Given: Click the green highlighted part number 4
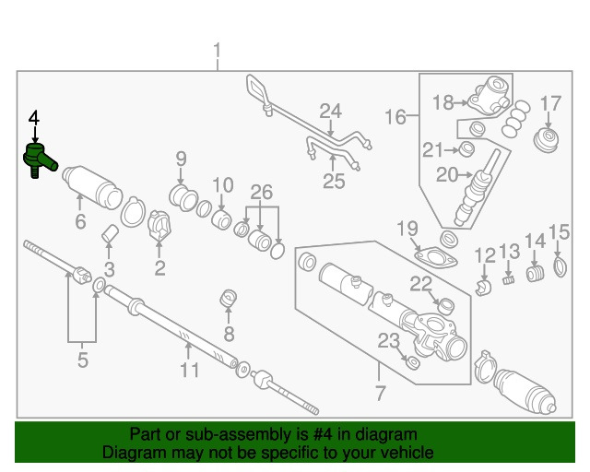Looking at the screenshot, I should pyautogui.click(x=37, y=158).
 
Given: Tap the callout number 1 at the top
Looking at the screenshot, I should pyautogui.click(x=218, y=50).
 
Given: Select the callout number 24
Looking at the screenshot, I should pyautogui.click(x=330, y=112).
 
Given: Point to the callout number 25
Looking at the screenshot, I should pyautogui.click(x=333, y=181).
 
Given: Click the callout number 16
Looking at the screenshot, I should pyautogui.click(x=395, y=117).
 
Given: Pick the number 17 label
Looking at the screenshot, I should pyautogui.click(x=550, y=103).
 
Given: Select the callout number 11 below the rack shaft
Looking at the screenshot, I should pyautogui.click(x=189, y=371).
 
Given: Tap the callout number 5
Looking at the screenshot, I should pyautogui.click(x=82, y=360).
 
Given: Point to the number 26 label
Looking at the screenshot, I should pyautogui.click(x=262, y=193).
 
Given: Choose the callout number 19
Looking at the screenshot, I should pyautogui.click(x=407, y=228).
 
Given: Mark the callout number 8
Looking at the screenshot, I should pyautogui.click(x=230, y=333).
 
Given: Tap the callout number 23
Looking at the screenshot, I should pyautogui.click(x=389, y=341).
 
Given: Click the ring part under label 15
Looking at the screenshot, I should pyautogui.click(x=559, y=267).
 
